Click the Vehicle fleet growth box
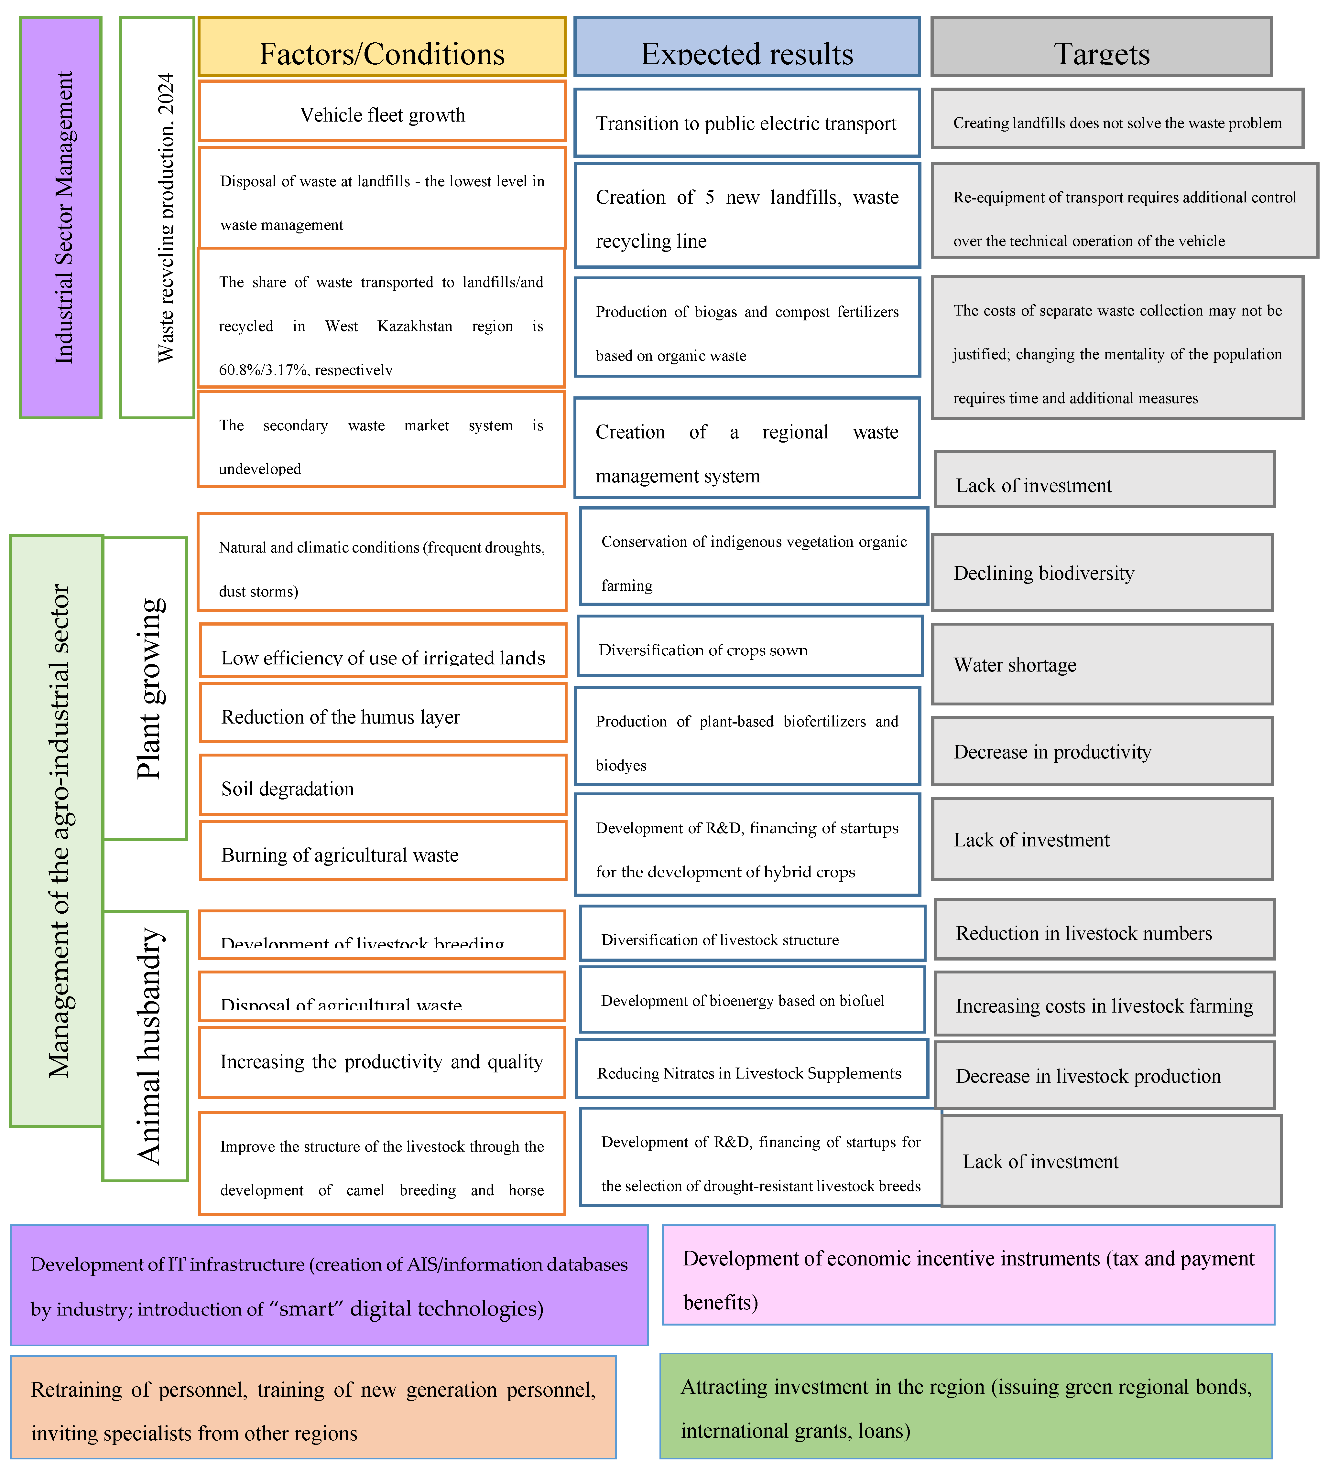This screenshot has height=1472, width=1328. point(382,112)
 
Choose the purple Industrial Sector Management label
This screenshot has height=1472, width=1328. point(60,217)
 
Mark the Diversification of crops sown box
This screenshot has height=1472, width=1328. point(749,646)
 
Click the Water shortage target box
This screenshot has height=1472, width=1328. point(1102,664)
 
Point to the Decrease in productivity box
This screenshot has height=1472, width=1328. point(1102,751)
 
